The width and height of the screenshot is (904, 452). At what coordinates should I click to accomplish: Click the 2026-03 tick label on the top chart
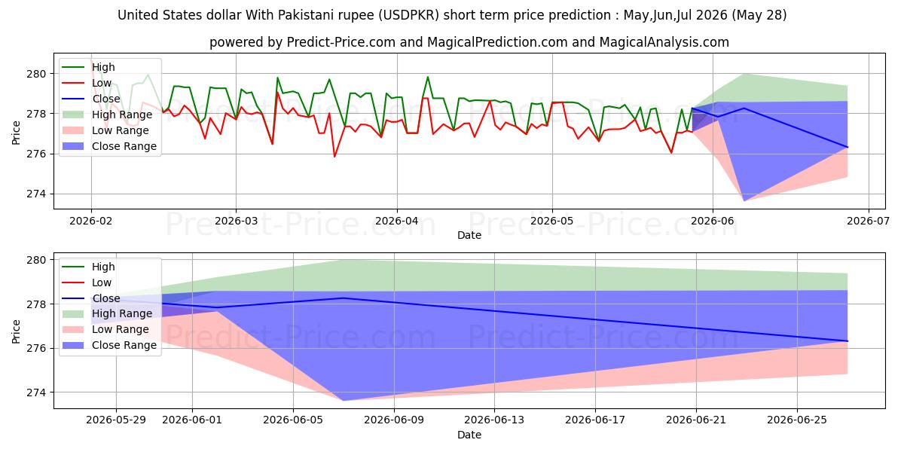[x=236, y=221]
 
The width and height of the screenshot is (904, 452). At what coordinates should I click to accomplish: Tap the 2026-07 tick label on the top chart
[x=868, y=221]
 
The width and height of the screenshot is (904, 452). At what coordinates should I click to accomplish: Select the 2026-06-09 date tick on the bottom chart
[x=394, y=420]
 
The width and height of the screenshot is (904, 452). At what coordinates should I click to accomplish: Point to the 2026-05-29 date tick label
[x=116, y=420]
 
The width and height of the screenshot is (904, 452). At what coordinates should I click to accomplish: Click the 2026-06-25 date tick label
[x=797, y=420]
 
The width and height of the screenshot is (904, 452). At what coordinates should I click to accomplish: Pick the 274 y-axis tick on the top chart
[x=37, y=194]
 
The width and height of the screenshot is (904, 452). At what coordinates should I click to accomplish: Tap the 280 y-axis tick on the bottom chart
[x=37, y=260]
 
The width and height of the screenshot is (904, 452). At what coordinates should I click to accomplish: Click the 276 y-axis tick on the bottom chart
[x=37, y=348]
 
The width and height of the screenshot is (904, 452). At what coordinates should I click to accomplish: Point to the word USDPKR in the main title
[x=408, y=15]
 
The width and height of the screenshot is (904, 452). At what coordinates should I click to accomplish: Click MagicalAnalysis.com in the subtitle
[x=664, y=42]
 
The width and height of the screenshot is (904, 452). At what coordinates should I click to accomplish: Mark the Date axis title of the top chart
[x=469, y=235]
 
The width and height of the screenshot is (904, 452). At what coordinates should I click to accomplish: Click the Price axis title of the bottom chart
[x=16, y=331]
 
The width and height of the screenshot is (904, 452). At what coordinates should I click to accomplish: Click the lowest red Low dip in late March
[x=334, y=156]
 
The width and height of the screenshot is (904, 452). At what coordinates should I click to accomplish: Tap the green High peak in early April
[x=428, y=77]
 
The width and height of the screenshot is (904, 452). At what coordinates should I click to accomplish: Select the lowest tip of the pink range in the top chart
[x=744, y=200]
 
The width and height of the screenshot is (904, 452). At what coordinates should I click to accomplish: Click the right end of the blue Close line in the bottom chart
[x=847, y=341]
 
